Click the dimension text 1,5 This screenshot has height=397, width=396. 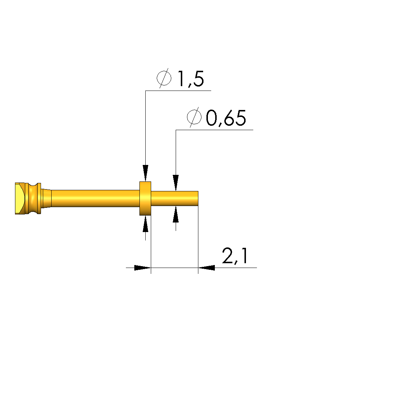(191, 79)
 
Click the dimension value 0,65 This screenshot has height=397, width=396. (226, 118)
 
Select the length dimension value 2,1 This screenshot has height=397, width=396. (235, 256)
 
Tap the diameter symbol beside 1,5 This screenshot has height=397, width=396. (164, 78)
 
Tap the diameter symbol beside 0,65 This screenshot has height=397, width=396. (194, 117)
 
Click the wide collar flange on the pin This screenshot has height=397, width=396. (145, 199)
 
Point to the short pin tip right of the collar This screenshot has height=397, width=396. (175, 199)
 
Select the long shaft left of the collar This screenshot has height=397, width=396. (96, 199)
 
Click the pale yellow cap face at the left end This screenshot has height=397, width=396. (19, 199)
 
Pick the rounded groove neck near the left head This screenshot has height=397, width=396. (33, 199)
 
